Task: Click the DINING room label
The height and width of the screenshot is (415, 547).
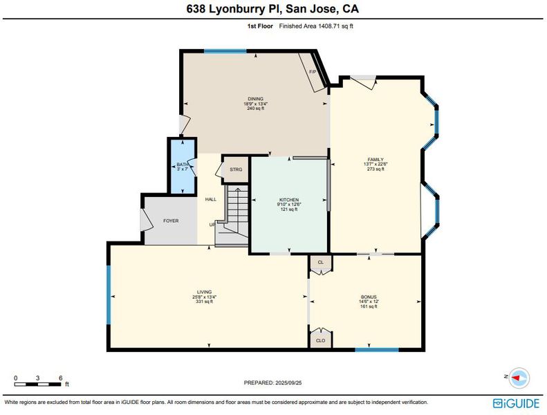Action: tap(255, 99)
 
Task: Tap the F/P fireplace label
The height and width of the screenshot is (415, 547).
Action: tap(313, 72)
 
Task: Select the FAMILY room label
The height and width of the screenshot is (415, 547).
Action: tap(376, 160)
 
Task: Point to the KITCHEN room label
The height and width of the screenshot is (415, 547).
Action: tap(289, 200)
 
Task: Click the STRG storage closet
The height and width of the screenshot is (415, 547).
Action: tap(236, 169)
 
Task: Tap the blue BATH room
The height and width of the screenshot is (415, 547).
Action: tap(182, 166)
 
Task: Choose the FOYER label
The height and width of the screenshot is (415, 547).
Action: tap(171, 221)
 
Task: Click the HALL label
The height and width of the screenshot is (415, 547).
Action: tap(211, 199)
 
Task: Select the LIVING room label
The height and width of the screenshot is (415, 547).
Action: tap(205, 292)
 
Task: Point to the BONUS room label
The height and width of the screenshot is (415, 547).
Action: tap(369, 297)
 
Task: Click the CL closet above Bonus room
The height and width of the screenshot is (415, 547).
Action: tap(321, 262)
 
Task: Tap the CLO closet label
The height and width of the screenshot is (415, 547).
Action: tap(321, 340)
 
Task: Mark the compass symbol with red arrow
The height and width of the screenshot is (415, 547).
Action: tap(519, 378)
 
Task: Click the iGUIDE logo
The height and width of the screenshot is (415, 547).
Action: tap(516, 403)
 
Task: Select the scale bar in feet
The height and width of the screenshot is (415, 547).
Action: tap(37, 385)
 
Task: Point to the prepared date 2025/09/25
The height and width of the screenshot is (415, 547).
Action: tap(288, 382)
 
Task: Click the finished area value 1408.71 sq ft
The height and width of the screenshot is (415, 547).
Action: tap(335, 26)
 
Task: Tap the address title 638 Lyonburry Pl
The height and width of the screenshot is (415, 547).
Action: tap(233, 8)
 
